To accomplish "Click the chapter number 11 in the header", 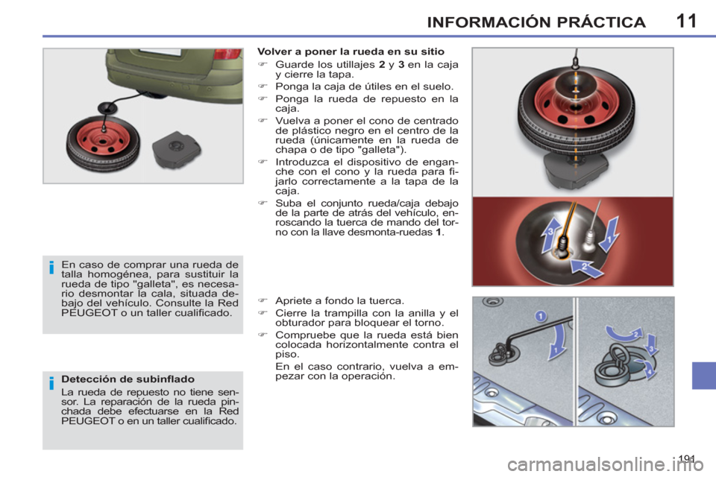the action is pos(686,21).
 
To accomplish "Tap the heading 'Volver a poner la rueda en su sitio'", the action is pos(351,51).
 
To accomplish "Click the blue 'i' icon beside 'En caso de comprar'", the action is pos(51,267).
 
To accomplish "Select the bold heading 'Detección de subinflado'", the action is pos(128,379).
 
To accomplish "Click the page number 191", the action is pos(686,458).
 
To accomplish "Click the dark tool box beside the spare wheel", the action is pos(176,149).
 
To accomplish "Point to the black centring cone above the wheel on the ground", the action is pos(107,108).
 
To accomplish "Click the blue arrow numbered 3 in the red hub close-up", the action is pos(550,234).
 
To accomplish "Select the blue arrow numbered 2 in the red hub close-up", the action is pos(588,268).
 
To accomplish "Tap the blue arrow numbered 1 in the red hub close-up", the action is pos(609,235).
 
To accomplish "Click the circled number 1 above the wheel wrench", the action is pos(540,316).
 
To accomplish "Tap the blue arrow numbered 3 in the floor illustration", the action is pos(652,346).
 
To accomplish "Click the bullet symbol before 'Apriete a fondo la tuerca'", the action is pos(262,301).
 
